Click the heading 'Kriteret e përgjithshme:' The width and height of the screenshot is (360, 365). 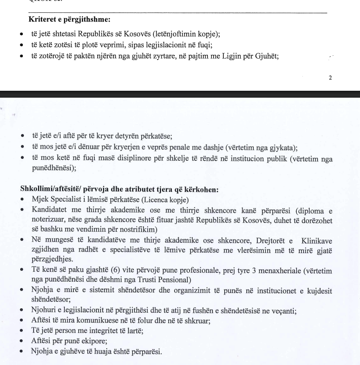pos(70,20)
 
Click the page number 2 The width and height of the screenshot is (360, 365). pos(330,77)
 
